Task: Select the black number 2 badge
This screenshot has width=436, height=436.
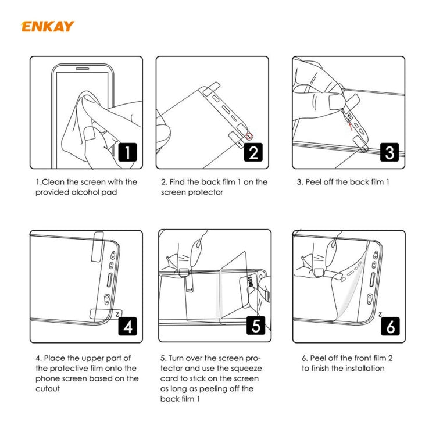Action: pyautogui.click(x=253, y=152)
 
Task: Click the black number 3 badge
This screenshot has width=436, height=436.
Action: pyautogui.click(x=389, y=152)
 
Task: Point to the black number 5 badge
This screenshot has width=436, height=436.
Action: pyautogui.click(x=256, y=326)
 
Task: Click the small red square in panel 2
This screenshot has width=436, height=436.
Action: pyautogui.click(x=251, y=136)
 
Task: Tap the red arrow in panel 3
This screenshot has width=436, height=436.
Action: pyautogui.click(x=349, y=121)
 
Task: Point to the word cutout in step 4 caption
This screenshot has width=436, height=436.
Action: pyautogui.click(x=48, y=389)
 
